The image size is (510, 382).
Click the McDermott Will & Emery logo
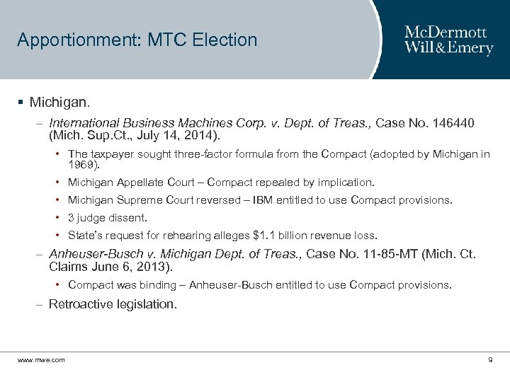448,40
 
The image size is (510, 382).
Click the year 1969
84,165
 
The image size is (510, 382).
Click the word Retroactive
81,304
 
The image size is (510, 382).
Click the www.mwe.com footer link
41,360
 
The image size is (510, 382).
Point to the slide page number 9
490,360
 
